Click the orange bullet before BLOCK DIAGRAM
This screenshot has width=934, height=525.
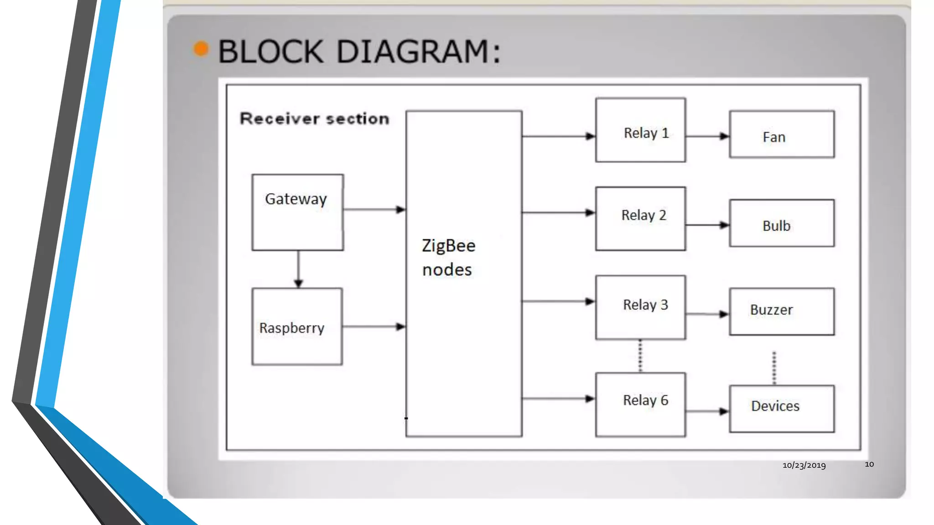point(201,48)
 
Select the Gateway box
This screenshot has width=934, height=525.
point(297,212)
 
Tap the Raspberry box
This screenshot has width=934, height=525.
point(297,326)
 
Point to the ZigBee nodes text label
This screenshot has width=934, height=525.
point(448,257)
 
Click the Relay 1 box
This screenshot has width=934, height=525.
point(640,130)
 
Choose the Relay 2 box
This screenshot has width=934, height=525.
point(640,218)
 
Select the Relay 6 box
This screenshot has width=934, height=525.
point(640,404)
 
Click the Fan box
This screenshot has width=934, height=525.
point(782,135)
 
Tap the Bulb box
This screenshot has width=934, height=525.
point(782,223)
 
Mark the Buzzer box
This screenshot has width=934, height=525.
point(782,311)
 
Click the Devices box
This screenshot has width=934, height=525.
point(782,408)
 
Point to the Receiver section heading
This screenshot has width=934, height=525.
point(315,118)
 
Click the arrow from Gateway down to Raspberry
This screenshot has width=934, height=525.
point(298,269)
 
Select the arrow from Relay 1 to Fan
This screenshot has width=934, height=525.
point(707,136)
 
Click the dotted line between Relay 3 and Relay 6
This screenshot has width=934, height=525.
point(640,356)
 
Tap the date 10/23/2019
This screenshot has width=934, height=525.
point(804,465)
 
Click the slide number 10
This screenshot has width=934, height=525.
point(869,464)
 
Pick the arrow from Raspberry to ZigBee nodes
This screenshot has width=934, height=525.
point(374,326)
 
